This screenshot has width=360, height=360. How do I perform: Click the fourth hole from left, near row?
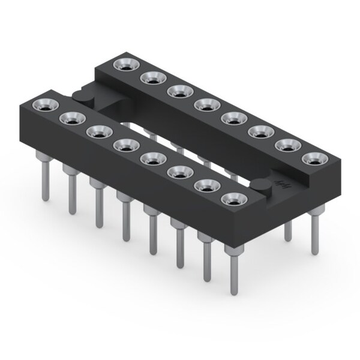123,144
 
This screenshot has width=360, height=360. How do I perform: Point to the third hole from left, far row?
177,91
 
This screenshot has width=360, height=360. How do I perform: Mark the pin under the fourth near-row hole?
125,216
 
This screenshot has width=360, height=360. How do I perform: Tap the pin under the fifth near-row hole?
152,228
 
